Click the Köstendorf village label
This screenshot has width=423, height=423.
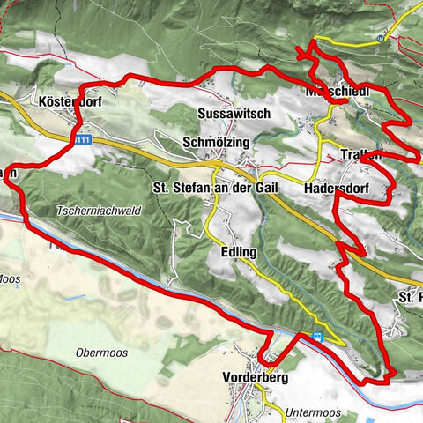(71, 102)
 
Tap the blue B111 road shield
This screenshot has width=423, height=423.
(81, 139)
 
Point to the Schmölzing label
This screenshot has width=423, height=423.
(217, 143)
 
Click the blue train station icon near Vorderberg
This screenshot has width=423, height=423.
(317, 337)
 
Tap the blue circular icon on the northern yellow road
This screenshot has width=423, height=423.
(379, 38)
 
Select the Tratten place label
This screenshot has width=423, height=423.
(360, 155)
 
